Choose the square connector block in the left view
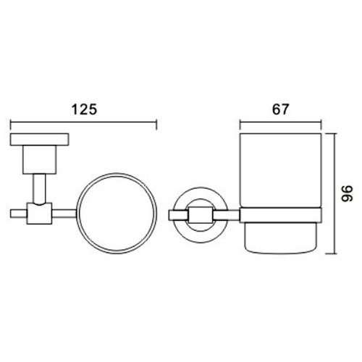[38, 214]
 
